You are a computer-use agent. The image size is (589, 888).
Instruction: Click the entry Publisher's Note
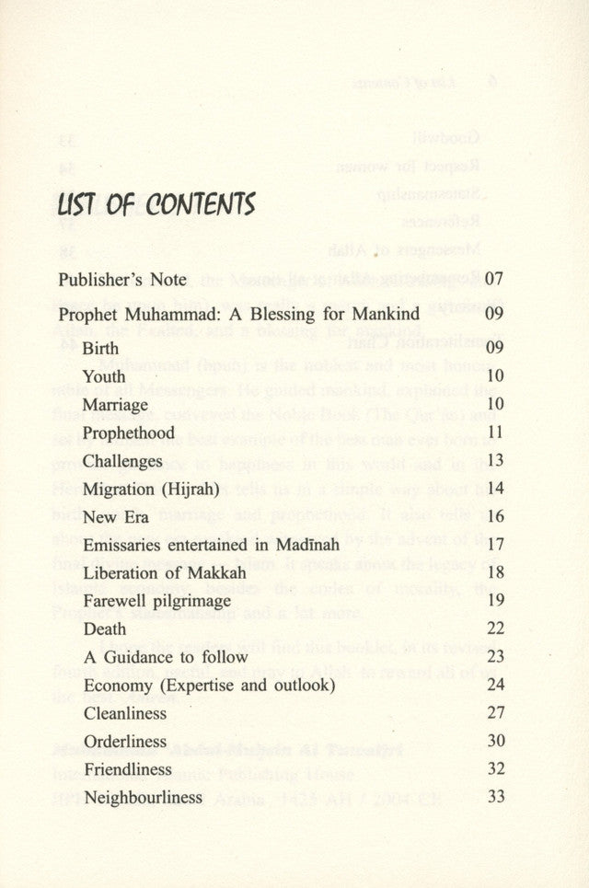click(x=121, y=279)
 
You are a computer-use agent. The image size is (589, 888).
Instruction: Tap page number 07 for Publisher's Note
click(x=494, y=278)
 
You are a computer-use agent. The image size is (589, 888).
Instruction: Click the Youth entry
click(x=103, y=376)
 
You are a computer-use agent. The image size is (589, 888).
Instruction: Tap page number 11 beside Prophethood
click(x=494, y=432)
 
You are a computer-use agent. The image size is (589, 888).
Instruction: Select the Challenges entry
click(x=122, y=461)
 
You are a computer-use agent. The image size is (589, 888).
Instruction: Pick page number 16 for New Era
click(x=494, y=516)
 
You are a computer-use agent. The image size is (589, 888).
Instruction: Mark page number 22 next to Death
click(x=494, y=629)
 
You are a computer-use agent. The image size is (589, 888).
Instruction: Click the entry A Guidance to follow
click(x=165, y=657)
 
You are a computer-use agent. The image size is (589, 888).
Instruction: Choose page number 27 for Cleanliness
click(x=494, y=712)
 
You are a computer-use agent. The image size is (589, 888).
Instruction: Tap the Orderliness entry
click(x=125, y=741)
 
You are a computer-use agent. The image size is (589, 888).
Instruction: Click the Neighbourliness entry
click(x=142, y=798)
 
